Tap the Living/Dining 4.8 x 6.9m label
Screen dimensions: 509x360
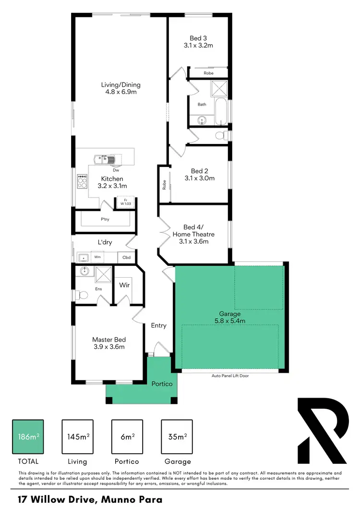coord(120,88)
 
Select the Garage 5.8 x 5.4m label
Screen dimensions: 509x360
coord(230,317)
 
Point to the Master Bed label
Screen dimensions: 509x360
coord(108,343)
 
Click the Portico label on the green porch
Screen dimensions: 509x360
coord(162,384)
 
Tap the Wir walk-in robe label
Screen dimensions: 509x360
coord(124,285)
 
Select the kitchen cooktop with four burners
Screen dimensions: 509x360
coord(82,181)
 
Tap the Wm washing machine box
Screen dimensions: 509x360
coord(97,257)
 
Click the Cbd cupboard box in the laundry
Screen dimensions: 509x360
coord(127,258)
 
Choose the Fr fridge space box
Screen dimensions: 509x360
coord(125,202)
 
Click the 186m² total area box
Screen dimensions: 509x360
coord(28,436)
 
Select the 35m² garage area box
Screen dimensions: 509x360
coord(177,436)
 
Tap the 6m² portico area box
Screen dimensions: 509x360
coord(127,436)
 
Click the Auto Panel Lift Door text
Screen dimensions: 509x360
coord(230,376)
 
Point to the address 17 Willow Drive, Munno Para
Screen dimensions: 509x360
coord(90,499)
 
